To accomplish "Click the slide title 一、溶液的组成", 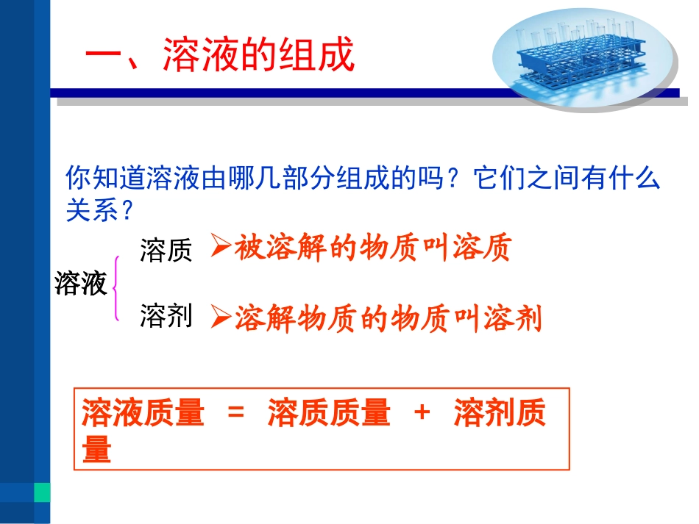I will pos(221,56).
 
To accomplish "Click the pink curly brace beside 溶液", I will pos(116,287).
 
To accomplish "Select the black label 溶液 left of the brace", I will pos(81,284).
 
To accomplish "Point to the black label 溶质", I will pos(166,251).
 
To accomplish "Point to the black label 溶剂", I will pos(166,317).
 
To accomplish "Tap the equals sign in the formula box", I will pos(235,414).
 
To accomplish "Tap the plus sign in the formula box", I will pos(422,412).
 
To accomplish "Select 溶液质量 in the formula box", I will pos(143,414).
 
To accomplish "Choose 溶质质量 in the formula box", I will pos(328,414).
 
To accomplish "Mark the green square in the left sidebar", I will pos(42,492).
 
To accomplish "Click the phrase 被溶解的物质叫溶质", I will pos(372,249).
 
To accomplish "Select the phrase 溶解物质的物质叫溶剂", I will pos(388,318).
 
